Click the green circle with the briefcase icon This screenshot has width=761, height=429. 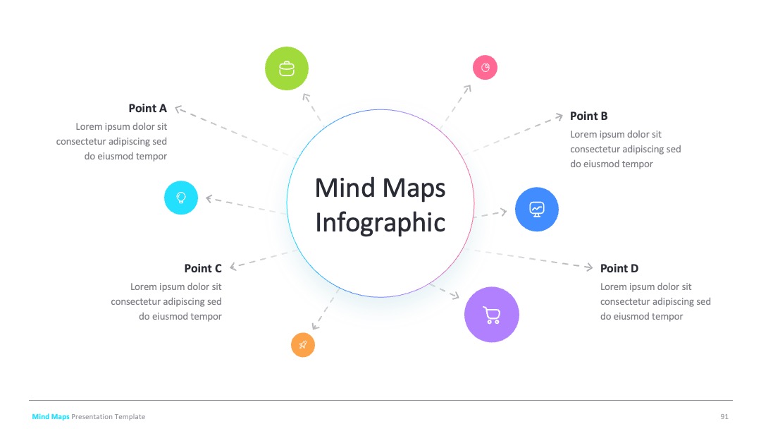286,68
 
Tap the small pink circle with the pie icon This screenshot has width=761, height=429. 485,68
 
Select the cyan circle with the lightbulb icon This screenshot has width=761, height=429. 181,198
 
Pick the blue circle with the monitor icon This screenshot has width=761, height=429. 537,210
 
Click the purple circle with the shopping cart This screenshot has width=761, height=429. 492,315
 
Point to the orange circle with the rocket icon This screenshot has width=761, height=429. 303,345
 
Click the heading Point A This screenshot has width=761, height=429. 147,109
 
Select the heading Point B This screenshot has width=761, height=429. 588,116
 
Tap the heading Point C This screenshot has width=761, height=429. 203,269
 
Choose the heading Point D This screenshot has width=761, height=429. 619,269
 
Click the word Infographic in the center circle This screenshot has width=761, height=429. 380,223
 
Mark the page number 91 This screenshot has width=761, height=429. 724,417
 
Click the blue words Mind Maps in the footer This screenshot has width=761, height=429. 51,417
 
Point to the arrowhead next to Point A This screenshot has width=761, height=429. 179,110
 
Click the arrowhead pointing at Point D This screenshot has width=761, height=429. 588,267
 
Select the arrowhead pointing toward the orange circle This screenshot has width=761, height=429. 316,326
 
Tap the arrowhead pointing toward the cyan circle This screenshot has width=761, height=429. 210,199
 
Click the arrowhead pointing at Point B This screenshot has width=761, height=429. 559,116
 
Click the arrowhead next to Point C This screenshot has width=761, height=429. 233,266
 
